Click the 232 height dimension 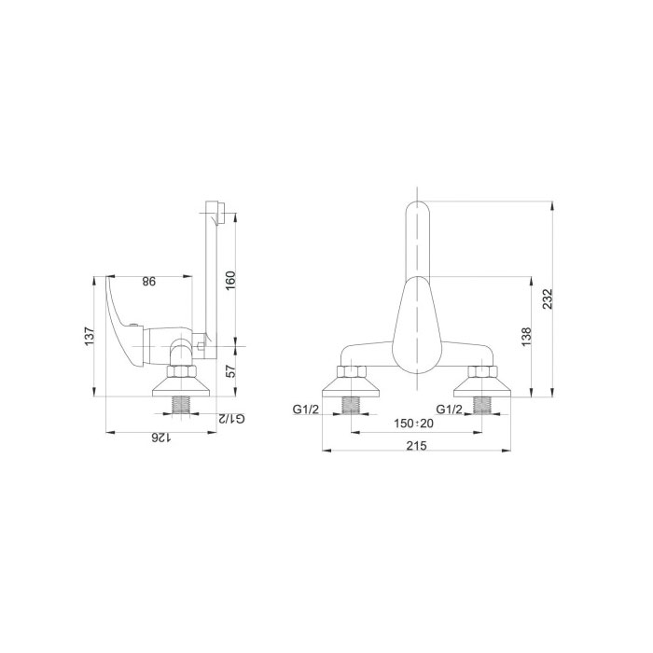pos(549,299)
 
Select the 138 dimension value pos(526,337)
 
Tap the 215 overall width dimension pos(416,446)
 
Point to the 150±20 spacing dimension pos(413,424)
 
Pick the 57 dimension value pos(230,371)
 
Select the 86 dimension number pos(148,282)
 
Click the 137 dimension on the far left pos(90,337)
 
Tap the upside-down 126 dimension pos(160,438)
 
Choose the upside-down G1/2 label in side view pos(231,419)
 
